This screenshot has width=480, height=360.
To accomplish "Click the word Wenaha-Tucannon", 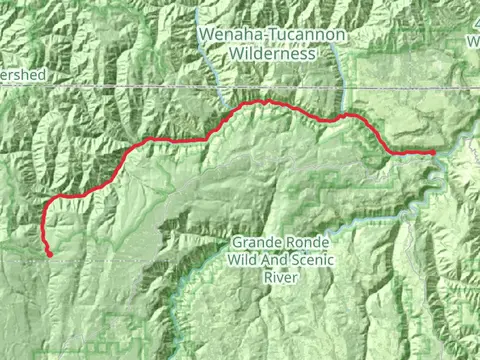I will coord(273,35).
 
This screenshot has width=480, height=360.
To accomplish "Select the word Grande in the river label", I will coord(257,243).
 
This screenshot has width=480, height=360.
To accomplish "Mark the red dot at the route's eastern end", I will coord(432,153).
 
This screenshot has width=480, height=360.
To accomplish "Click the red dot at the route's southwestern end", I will coord(49,254).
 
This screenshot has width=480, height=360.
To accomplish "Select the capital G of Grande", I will coord(237,243).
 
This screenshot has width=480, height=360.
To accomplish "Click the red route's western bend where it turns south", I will coord(46,204).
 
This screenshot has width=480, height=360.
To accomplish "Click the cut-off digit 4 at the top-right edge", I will coord(474,28).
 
